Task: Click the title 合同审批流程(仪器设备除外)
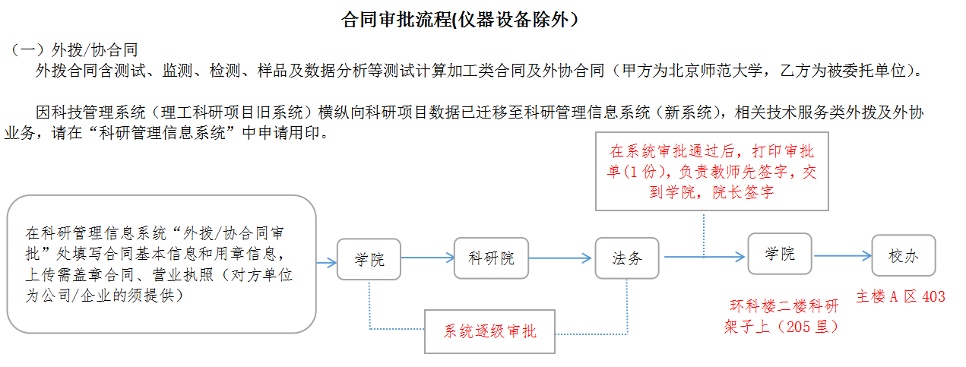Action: (x=464, y=20)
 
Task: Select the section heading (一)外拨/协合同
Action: (x=74, y=51)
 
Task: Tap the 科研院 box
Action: (x=491, y=258)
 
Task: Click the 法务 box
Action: (x=627, y=258)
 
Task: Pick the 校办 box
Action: (x=903, y=256)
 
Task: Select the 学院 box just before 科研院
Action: (x=369, y=260)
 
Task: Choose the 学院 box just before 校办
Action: (x=779, y=254)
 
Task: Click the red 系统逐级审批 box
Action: (x=489, y=331)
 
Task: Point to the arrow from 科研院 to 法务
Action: (x=561, y=258)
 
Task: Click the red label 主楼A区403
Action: (x=901, y=297)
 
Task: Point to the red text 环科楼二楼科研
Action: (x=783, y=307)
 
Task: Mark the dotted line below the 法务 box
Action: (x=628, y=304)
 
